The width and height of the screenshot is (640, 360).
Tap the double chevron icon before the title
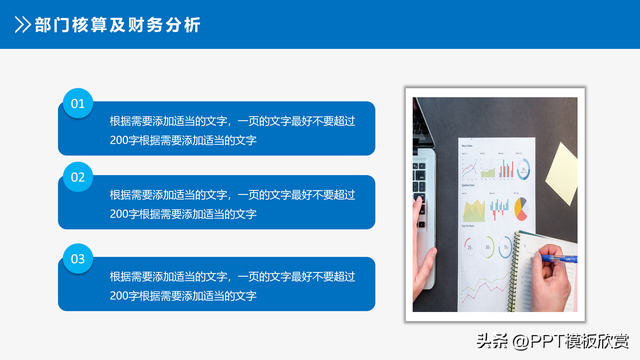point(20,25)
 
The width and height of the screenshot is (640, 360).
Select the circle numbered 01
point(78,103)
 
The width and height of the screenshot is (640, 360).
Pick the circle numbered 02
point(78,178)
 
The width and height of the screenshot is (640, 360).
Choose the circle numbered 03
point(78,259)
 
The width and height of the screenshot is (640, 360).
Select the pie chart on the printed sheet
point(520,210)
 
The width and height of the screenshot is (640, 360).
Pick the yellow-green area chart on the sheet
point(474,210)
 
